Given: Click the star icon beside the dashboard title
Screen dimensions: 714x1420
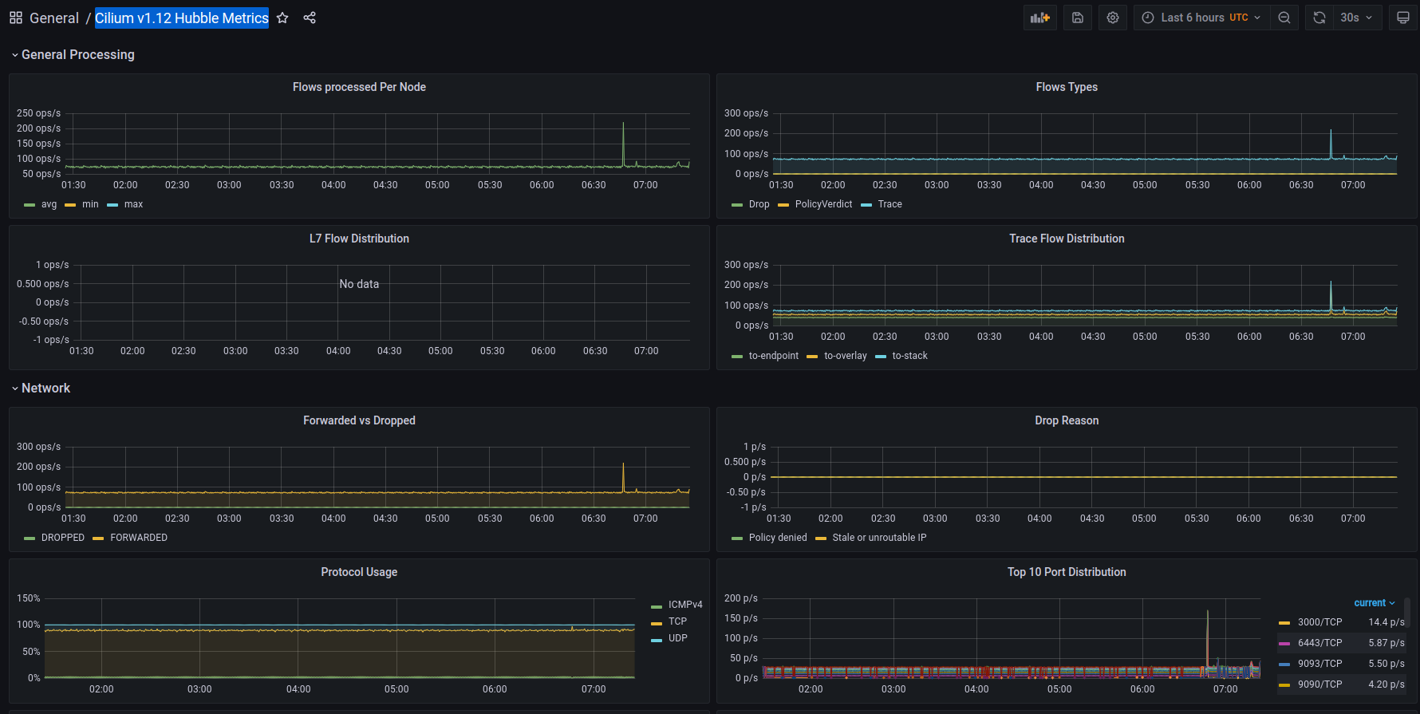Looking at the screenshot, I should (x=282, y=18).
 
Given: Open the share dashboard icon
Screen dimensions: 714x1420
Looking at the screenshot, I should (x=310, y=18).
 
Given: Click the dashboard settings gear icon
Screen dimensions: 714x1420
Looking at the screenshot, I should (x=1113, y=18).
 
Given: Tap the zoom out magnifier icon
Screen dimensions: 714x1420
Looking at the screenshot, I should (x=1284, y=18).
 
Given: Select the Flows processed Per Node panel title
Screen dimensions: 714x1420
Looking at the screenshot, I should (x=359, y=87).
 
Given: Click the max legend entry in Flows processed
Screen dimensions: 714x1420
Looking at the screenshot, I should (x=133, y=204).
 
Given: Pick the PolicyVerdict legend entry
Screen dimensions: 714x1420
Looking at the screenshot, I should (x=823, y=204).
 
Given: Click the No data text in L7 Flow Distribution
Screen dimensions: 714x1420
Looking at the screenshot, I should (x=359, y=284).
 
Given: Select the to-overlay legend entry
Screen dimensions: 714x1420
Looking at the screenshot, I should (x=845, y=356).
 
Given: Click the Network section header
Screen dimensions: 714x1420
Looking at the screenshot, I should (x=45, y=388).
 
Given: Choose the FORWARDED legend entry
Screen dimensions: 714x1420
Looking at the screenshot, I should (x=138, y=538).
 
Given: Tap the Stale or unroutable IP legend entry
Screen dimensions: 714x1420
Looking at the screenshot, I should (x=879, y=538).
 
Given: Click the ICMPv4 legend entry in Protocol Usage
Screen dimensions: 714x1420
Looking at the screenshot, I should (x=684, y=605).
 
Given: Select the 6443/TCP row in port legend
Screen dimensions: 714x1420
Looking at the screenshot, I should (x=1319, y=643).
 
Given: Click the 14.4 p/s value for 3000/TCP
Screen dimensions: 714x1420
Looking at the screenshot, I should (x=1386, y=622).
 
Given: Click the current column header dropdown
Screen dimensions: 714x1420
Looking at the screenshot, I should (x=1374, y=603).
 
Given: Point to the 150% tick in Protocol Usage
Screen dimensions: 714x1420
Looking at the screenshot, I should (x=29, y=598).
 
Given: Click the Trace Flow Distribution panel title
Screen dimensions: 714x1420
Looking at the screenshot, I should (x=1067, y=239).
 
